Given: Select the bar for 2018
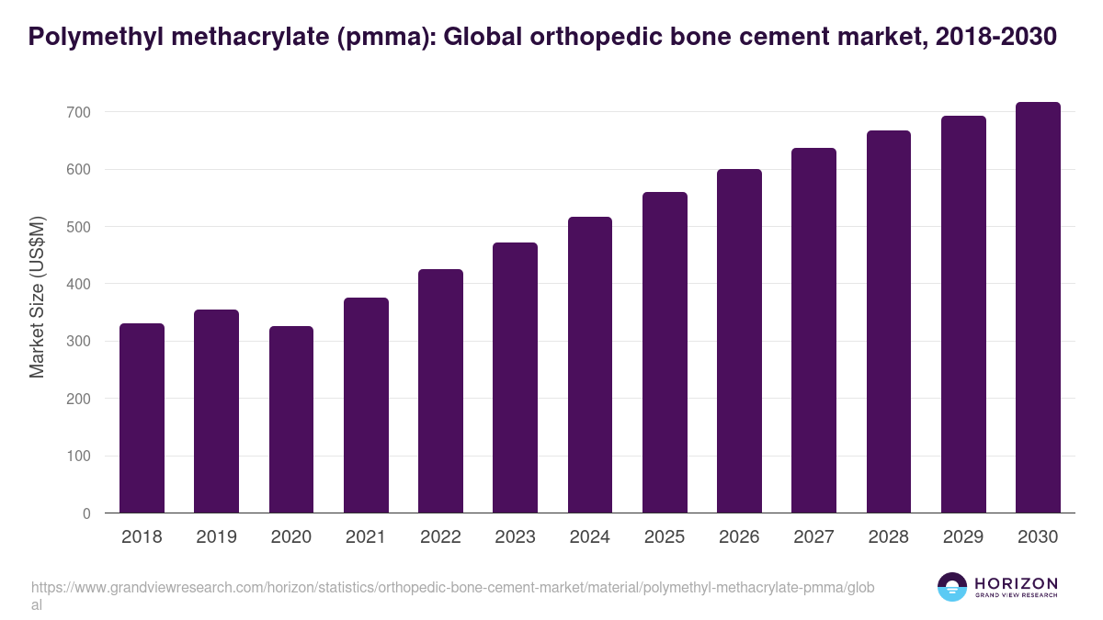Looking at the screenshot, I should pyautogui.click(x=142, y=418).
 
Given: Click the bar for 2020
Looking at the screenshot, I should pyautogui.click(x=291, y=420).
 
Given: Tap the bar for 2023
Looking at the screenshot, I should pyautogui.click(x=515, y=378).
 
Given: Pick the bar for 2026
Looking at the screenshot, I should pyautogui.click(x=739, y=341).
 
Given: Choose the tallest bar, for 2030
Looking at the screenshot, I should pyautogui.click(x=1038, y=308).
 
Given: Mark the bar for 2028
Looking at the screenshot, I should pyautogui.click(x=888, y=321).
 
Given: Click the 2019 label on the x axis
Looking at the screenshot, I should pyautogui.click(x=217, y=537).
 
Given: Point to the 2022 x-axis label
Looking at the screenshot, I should pyautogui.click(x=440, y=537).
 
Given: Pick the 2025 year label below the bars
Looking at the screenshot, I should pyautogui.click(x=665, y=537).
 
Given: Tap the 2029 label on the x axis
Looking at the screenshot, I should pyautogui.click(x=963, y=537).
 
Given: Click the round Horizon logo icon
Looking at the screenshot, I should pyautogui.click(x=951, y=587).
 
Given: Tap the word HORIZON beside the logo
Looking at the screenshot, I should pyautogui.click(x=1016, y=582).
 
